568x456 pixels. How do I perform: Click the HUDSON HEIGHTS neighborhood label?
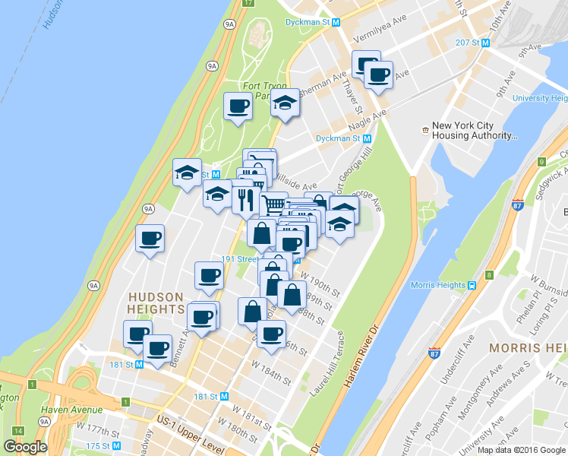tap(156, 303)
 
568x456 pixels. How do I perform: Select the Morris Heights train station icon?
tap(472, 285)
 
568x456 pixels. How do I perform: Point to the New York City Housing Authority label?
tap(471, 131)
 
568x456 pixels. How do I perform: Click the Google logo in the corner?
tap(24, 447)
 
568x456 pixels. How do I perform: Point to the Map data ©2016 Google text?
tap(522, 449)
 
